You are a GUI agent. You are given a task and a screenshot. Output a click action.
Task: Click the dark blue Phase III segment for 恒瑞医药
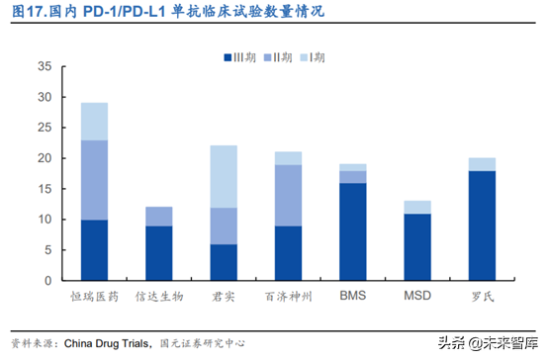95,250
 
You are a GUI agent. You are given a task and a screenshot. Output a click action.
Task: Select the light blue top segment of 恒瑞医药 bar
95,122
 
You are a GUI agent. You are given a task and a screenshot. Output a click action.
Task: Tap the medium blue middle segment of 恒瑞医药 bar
95,180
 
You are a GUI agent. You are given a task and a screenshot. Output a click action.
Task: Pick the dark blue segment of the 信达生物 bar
158,253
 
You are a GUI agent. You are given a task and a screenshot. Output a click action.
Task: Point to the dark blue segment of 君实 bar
223,262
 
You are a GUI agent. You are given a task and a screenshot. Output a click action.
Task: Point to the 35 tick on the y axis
44,66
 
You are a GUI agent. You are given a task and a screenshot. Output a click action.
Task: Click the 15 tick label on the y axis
44,189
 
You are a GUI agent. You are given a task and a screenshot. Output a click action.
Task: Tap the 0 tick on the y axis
46,281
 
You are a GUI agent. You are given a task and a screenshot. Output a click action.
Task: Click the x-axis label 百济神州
288,296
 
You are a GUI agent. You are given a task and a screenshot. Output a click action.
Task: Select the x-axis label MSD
415,296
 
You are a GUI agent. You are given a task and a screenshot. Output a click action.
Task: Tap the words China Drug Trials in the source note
109,343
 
